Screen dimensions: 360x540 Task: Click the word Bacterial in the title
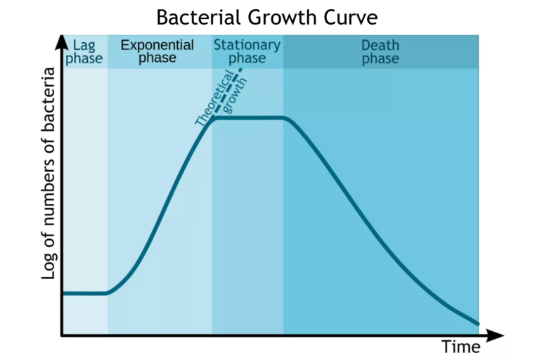pyautogui.click(x=195, y=16)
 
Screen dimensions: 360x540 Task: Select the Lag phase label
pyautogui.click(x=84, y=51)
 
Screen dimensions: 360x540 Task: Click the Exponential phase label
pyautogui.click(x=157, y=51)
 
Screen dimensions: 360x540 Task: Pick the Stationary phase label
pyautogui.click(x=247, y=51)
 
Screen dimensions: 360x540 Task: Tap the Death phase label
pyautogui.click(x=380, y=51)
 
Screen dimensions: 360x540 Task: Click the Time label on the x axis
pyautogui.click(x=461, y=347)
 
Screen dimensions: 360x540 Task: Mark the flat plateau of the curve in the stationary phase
pyautogui.click(x=248, y=117)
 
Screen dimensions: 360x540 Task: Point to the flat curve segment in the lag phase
pyautogui.click(x=84, y=292)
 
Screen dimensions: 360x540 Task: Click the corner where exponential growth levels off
pyautogui.click(x=213, y=118)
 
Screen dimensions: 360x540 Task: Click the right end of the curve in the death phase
pyautogui.click(x=477, y=323)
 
